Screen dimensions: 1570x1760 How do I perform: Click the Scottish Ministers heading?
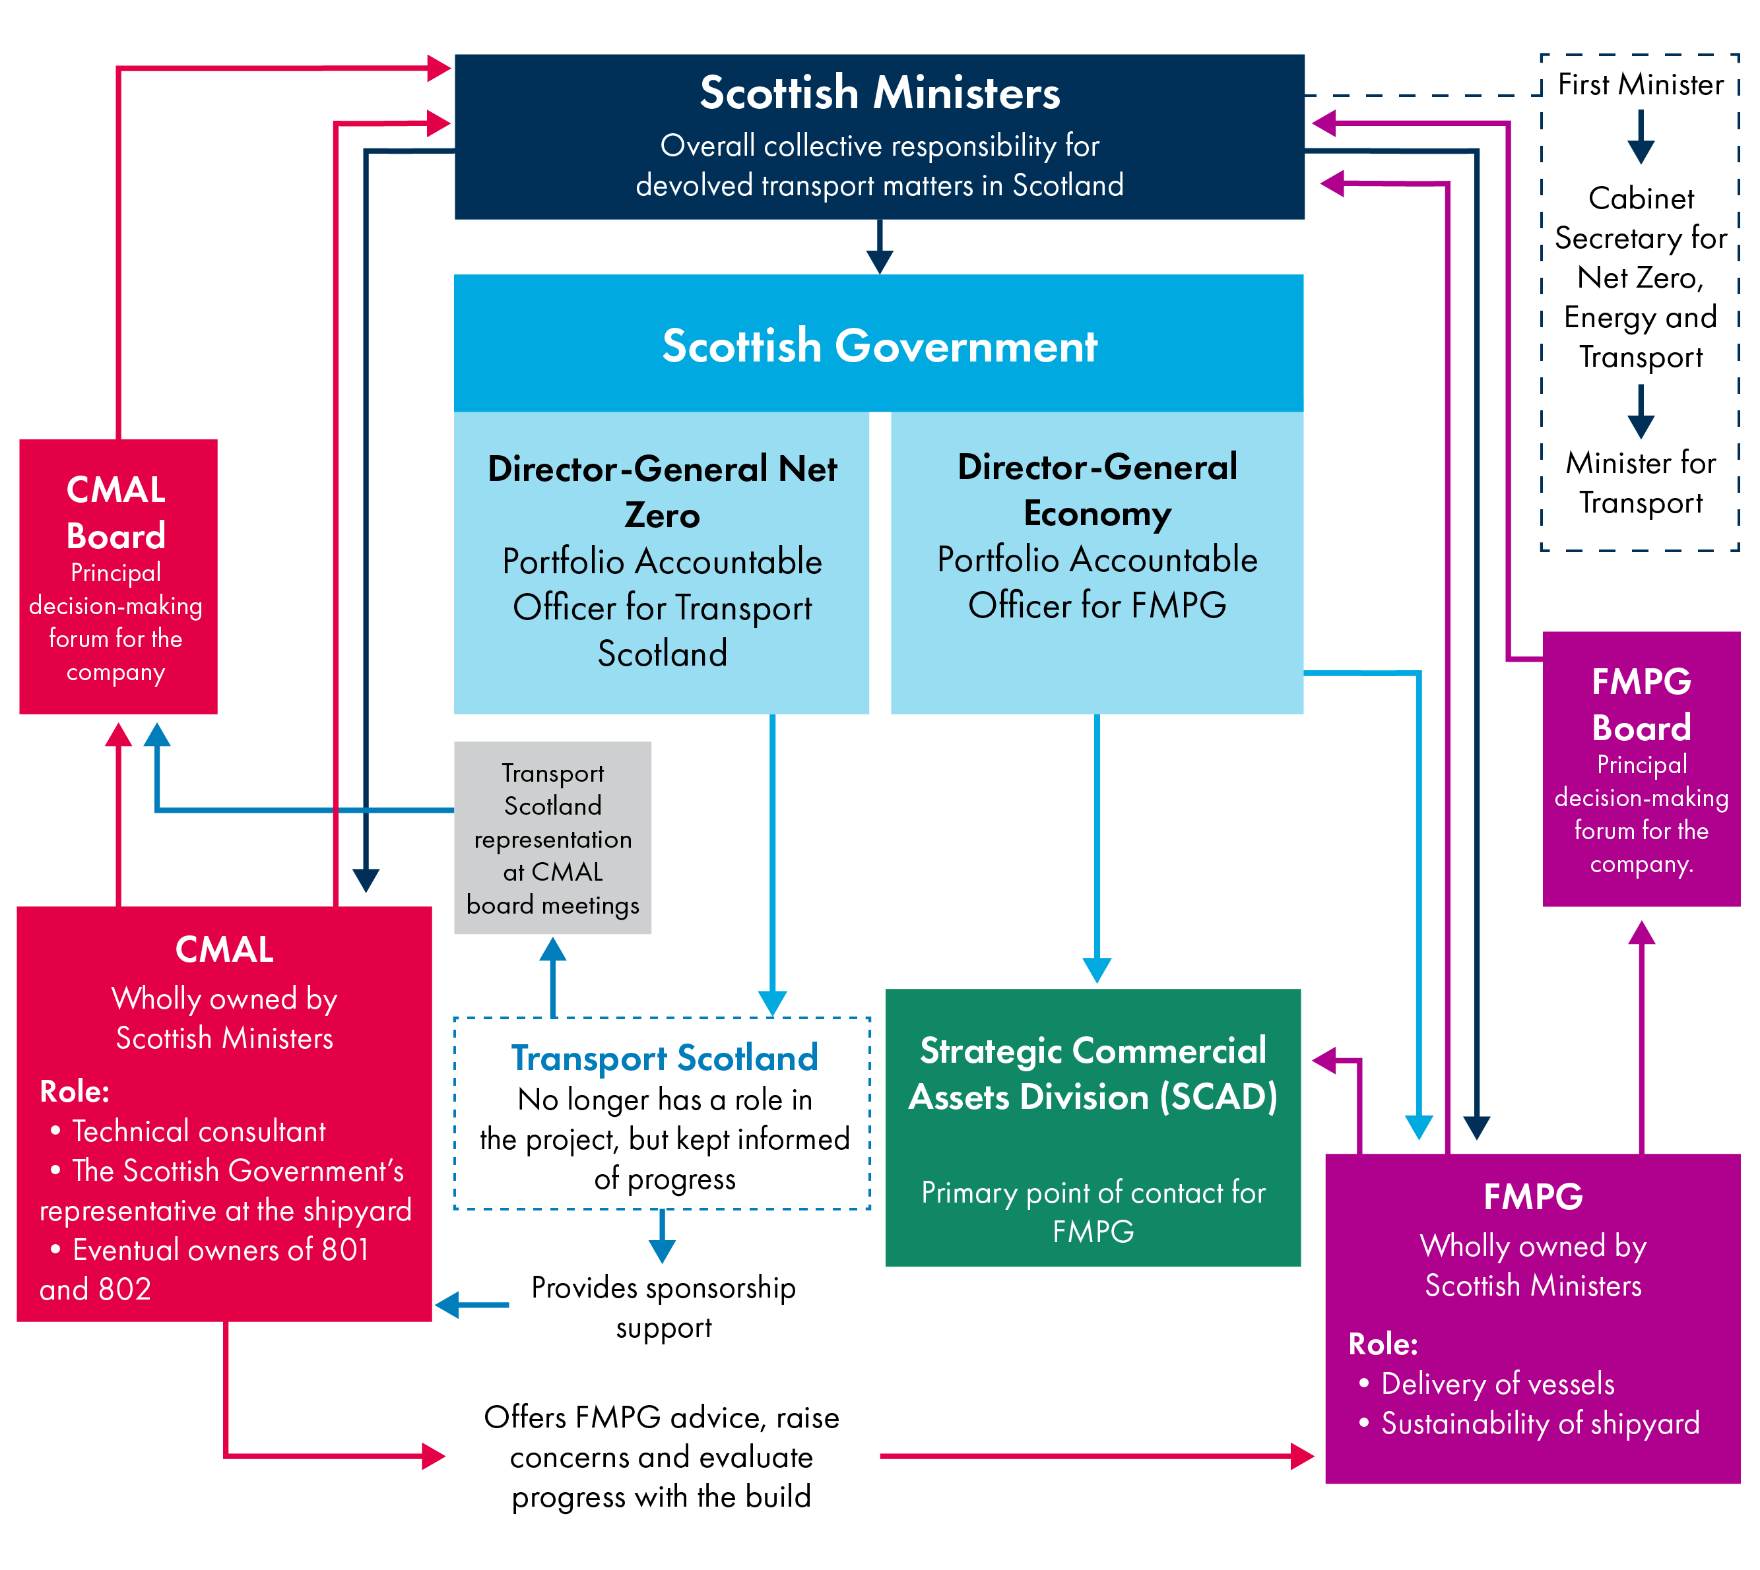point(879,93)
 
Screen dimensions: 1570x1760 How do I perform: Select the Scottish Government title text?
point(879,346)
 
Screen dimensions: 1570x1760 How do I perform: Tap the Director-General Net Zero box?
point(662,561)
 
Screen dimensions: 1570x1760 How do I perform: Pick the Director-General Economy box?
point(1097,561)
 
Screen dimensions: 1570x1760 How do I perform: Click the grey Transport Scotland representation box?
point(552,838)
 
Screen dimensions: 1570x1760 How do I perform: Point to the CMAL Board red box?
point(118,577)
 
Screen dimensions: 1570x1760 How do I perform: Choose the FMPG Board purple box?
point(1641,769)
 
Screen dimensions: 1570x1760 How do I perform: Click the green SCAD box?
point(1092,1127)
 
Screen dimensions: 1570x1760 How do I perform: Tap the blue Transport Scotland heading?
point(665,1057)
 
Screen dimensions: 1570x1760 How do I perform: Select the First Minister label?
point(1640,84)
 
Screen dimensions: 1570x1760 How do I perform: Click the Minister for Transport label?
point(1640,483)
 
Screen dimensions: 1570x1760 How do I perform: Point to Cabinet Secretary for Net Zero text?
point(1640,277)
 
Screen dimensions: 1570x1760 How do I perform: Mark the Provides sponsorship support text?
point(663,1307)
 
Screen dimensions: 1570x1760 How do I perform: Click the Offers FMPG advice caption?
point(662,1457)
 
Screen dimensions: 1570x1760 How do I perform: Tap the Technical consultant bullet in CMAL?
point(199,1131)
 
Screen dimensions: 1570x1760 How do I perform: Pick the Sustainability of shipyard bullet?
point(1540,1424)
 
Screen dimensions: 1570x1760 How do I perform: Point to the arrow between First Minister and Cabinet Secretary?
point(1640,137)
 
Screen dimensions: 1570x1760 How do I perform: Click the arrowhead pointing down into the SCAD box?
point(1097,970)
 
